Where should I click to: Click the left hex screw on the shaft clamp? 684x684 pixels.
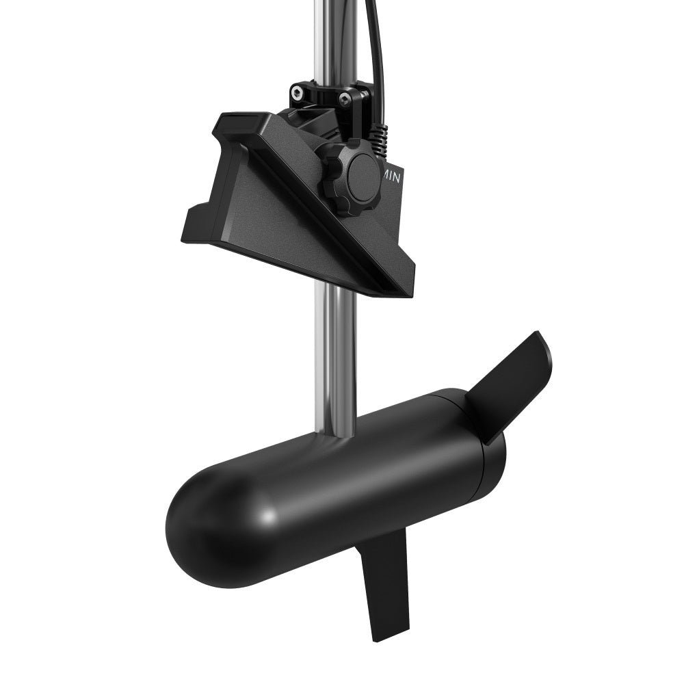coord(295,91)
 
